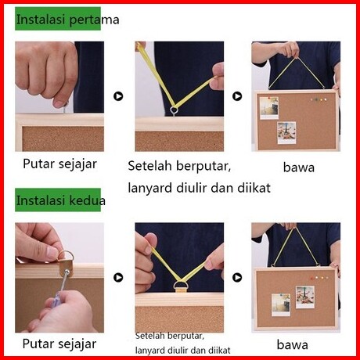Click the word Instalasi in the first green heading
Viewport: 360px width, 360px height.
click(x=41, y=20)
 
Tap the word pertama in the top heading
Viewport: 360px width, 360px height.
click(x=95, y=20)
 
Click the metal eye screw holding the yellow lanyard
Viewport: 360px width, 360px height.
click(x=174, y=111)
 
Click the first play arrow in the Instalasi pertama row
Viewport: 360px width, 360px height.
click(x=118, y=96)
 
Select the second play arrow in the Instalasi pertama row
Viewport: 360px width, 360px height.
click(x=237, y=96)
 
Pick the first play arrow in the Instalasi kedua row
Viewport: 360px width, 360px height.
click(x=118, y=277)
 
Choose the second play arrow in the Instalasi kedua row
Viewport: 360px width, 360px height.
click(x=237, y=277)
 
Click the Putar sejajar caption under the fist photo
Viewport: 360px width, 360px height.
click(x=59, y=164)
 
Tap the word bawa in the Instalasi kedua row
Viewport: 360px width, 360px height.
click(x=292, y=344)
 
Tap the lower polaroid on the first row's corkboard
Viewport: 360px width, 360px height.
click(x=286, y=133)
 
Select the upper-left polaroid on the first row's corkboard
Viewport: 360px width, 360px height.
click(x=269, y=108)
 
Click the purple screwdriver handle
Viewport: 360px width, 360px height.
click(x=53, y=303)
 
